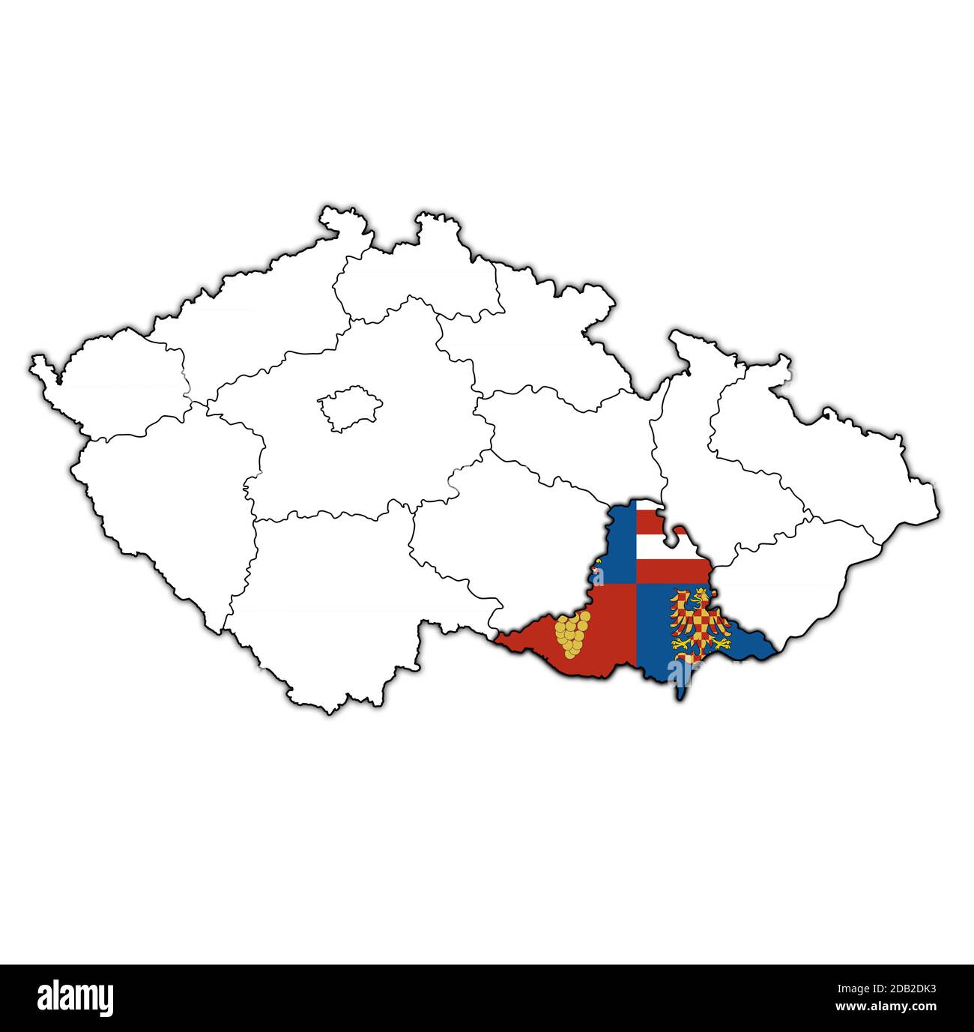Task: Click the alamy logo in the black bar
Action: pyautogui.click(x=76, y=998)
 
